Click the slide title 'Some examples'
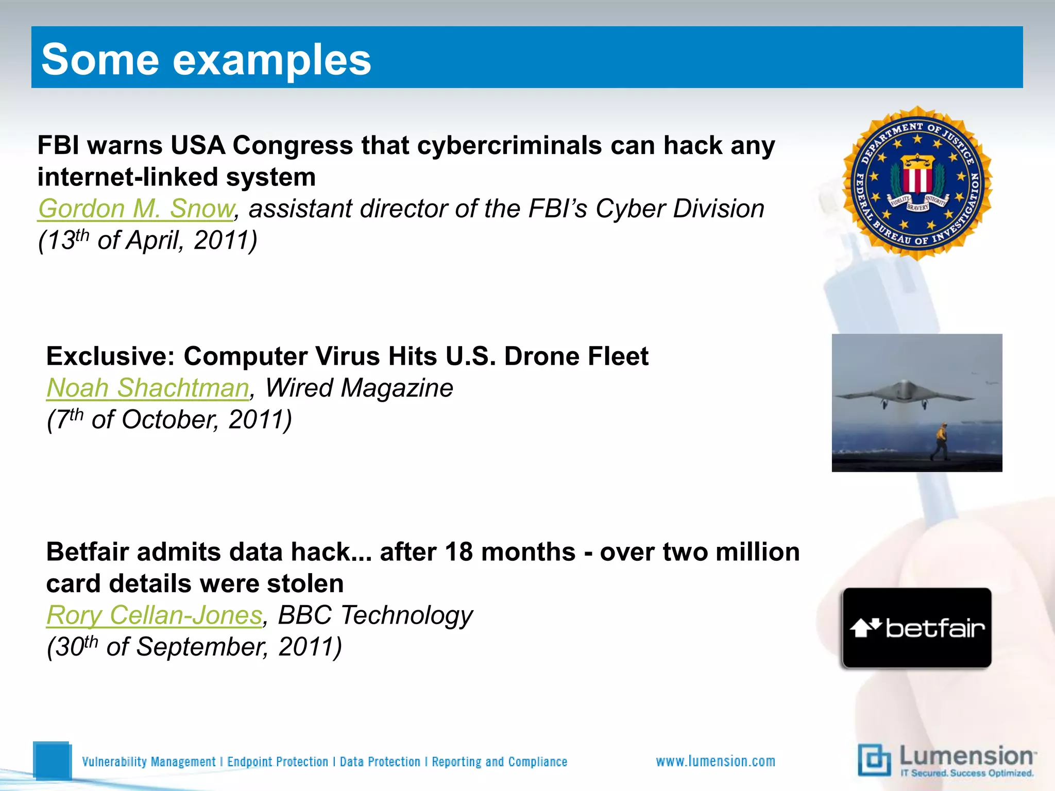pyautogui.click(x=206, y=59)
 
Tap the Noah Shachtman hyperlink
pyautogui.click(x=148, y=388)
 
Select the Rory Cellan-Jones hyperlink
pyautogui.click(x=154, y=615)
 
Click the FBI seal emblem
pyautogui.click(x=917, y=183)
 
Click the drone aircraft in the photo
pyautogui.click(x=905, y=394)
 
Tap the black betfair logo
pyautogui.click(x=917, y=628)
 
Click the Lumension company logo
pyautogui.click(x=947, y=760)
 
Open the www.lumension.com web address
pyautogui.click(x=716, y=761)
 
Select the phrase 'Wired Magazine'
pyautogui.click(x=359, y=388)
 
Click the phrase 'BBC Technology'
pyautogui.click(x=375, y=615)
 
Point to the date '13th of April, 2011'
pyautogui.click(x=148, y=240)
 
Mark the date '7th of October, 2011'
pyautogui.click(x=169, y=419)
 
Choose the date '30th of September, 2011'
pyautogui.click(x=194, y=646)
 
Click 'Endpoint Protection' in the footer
pyautogui.click(x=278, y=762)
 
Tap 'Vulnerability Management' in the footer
pyautogui.click(x=149, y=762)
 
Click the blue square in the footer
pyautogui.click(x=52, y=760)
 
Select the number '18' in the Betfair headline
pyautogui.click(x=458, y=552)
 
